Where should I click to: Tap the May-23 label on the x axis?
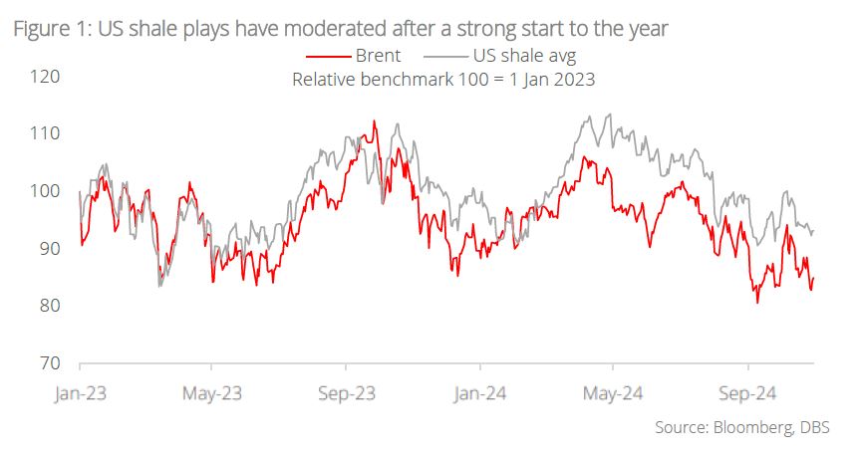211,393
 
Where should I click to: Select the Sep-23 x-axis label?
346,393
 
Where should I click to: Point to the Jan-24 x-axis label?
479,393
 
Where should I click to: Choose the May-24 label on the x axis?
612,393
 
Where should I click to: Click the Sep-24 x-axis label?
746,393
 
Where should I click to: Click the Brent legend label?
378,56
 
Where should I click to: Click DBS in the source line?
814,428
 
